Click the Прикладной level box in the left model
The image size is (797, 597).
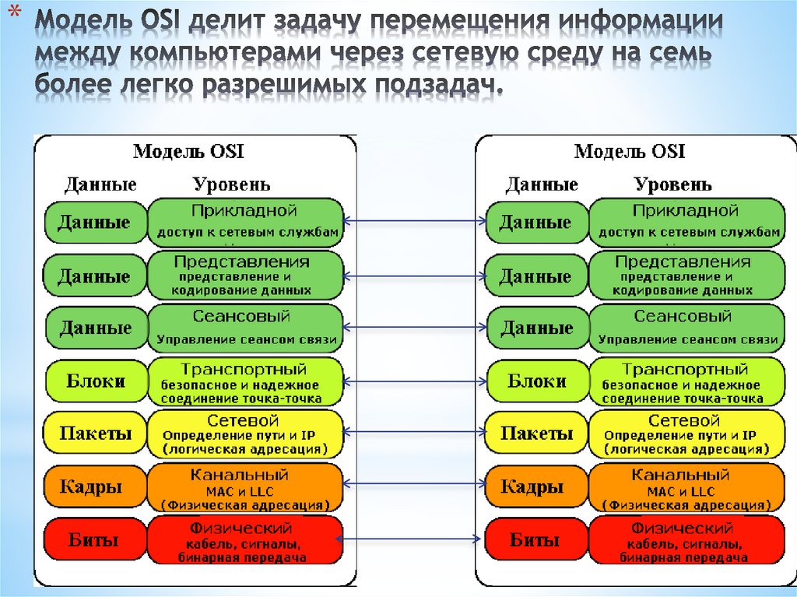tap(245, 221)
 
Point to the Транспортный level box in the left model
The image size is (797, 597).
tap(245, 381)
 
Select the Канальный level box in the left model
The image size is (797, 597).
tap(245, 487)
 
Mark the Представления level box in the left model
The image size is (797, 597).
tap(245, 276)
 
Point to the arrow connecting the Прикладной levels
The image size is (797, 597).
tap(414, 221)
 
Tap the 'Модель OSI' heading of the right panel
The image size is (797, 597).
tap(629, 151)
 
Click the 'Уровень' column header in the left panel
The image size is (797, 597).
tap(232, 184)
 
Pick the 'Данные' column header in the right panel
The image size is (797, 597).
tap(542, 184)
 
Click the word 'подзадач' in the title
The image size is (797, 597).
tap(427, 85)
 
